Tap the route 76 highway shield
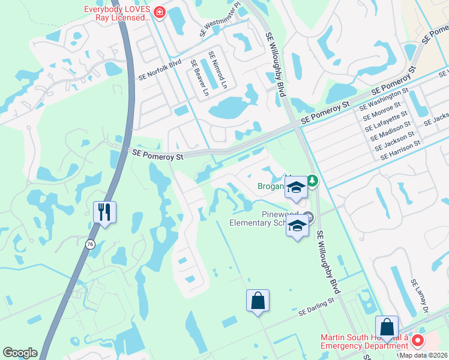90,244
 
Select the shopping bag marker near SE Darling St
258,301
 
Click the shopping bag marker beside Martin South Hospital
387,328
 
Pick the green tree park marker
312,180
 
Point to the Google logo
20,353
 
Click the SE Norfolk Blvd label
160,70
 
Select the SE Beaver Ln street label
199,78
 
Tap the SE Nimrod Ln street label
218,70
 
